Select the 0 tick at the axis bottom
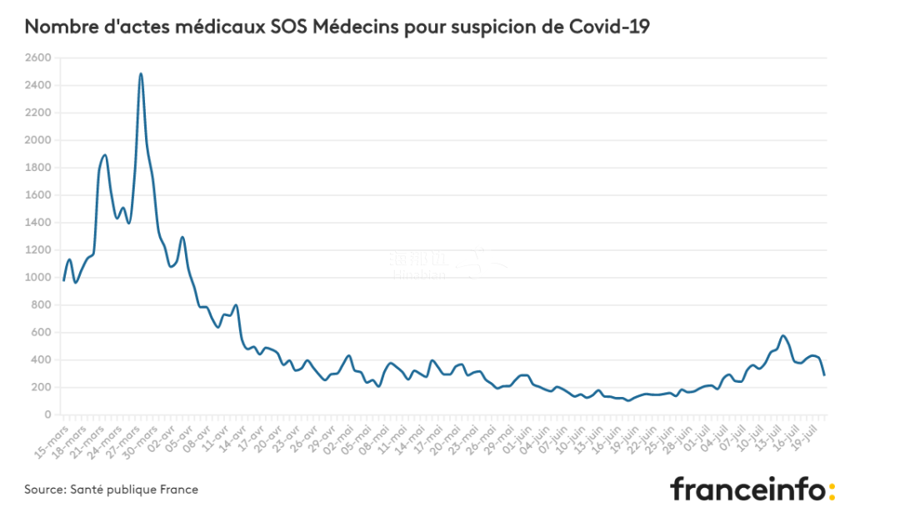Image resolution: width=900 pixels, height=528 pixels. pos(47,415)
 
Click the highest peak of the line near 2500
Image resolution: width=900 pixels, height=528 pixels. pos(141,73)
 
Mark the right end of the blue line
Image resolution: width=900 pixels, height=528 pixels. pos(824,375)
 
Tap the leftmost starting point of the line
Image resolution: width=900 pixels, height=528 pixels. pos(63,280)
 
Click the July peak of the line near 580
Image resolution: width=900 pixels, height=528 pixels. pos(782,336)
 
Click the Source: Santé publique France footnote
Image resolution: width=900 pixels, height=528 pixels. pos(111,490)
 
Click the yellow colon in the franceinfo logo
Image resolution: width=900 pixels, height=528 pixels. pos(830,489)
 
